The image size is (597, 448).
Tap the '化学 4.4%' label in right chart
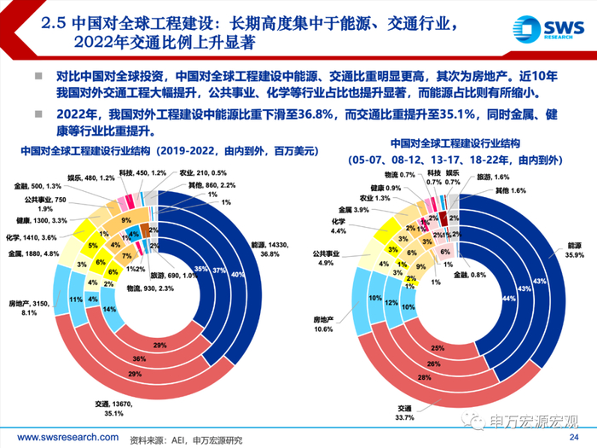coord(339,225)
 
